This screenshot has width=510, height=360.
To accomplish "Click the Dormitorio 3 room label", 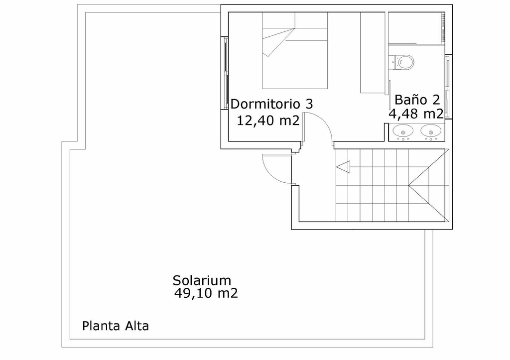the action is pyautogui.click(x=271, y=104).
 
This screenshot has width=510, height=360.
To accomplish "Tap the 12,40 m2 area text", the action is pyautogui.click(x=268, y=120).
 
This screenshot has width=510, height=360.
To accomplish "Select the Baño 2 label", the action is pyautogui.click(x=417, y=100).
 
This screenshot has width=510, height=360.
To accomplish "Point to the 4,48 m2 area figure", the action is pyautogui.click(x=416, y=114).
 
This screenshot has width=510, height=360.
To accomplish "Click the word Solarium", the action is pyautogui.click(x=202, y=280).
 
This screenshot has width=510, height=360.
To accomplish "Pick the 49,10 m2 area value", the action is pyautogui.click(x=206, y=293).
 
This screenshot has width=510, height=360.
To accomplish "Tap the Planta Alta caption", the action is pyautogui.click(x=116, y=326).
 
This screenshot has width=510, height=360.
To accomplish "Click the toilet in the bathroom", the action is pyautogui.click(x=402, y=62).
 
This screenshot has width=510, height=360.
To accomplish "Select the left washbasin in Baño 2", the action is pyautogui.click(x=403, y=132).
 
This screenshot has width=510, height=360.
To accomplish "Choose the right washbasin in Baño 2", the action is pyautogui.click(x=431, y=132).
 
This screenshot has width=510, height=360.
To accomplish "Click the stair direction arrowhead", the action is pyautogui.click(x=343, y=167).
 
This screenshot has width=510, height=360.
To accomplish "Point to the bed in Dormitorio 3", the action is pyautogui.click(x=295, y=50).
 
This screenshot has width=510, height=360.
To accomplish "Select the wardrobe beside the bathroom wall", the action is pyautogui.click(x=373, y=53).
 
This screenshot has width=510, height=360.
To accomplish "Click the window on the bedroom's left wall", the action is pyautogui.click(x=225, y=73).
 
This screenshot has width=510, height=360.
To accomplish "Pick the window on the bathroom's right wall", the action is pyautogui.click(x=448, y=87).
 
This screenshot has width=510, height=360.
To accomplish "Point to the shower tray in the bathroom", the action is pyautogui.click(x=417, y=28).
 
